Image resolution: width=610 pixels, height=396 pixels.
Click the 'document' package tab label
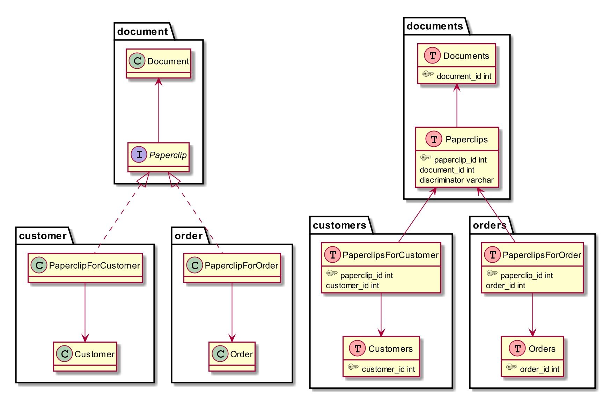(142, 32)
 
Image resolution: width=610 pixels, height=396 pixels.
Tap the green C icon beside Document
(137, 61)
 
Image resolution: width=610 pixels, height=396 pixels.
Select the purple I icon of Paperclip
(139, 155)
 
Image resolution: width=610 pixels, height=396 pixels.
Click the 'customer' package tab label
(43, 236)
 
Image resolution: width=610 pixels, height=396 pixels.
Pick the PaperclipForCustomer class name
(94, 266)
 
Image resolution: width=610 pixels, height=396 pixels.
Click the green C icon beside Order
(220, 354)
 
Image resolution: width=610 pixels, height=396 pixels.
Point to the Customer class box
(85, 357)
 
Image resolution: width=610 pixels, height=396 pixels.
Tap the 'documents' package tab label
(435, 27)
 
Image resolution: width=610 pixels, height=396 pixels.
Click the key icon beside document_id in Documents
(428, 74)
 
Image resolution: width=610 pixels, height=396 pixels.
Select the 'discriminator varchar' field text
(456, 180)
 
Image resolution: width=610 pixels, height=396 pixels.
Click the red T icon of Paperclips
(434, 139)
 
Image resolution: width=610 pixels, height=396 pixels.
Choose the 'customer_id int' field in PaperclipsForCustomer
(352, 286)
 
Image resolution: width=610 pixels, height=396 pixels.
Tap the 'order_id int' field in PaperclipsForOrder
(505, 286)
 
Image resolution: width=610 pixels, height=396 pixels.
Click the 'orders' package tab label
(490, 226)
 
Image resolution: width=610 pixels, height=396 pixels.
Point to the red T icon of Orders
(517, 349)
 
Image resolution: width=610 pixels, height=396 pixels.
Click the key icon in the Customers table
(353, 367)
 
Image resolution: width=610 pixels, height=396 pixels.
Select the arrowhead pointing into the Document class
(159, 82)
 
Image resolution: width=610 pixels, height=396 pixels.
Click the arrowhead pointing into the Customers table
(381, 333)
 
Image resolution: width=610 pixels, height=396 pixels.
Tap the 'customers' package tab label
(339, 226)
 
